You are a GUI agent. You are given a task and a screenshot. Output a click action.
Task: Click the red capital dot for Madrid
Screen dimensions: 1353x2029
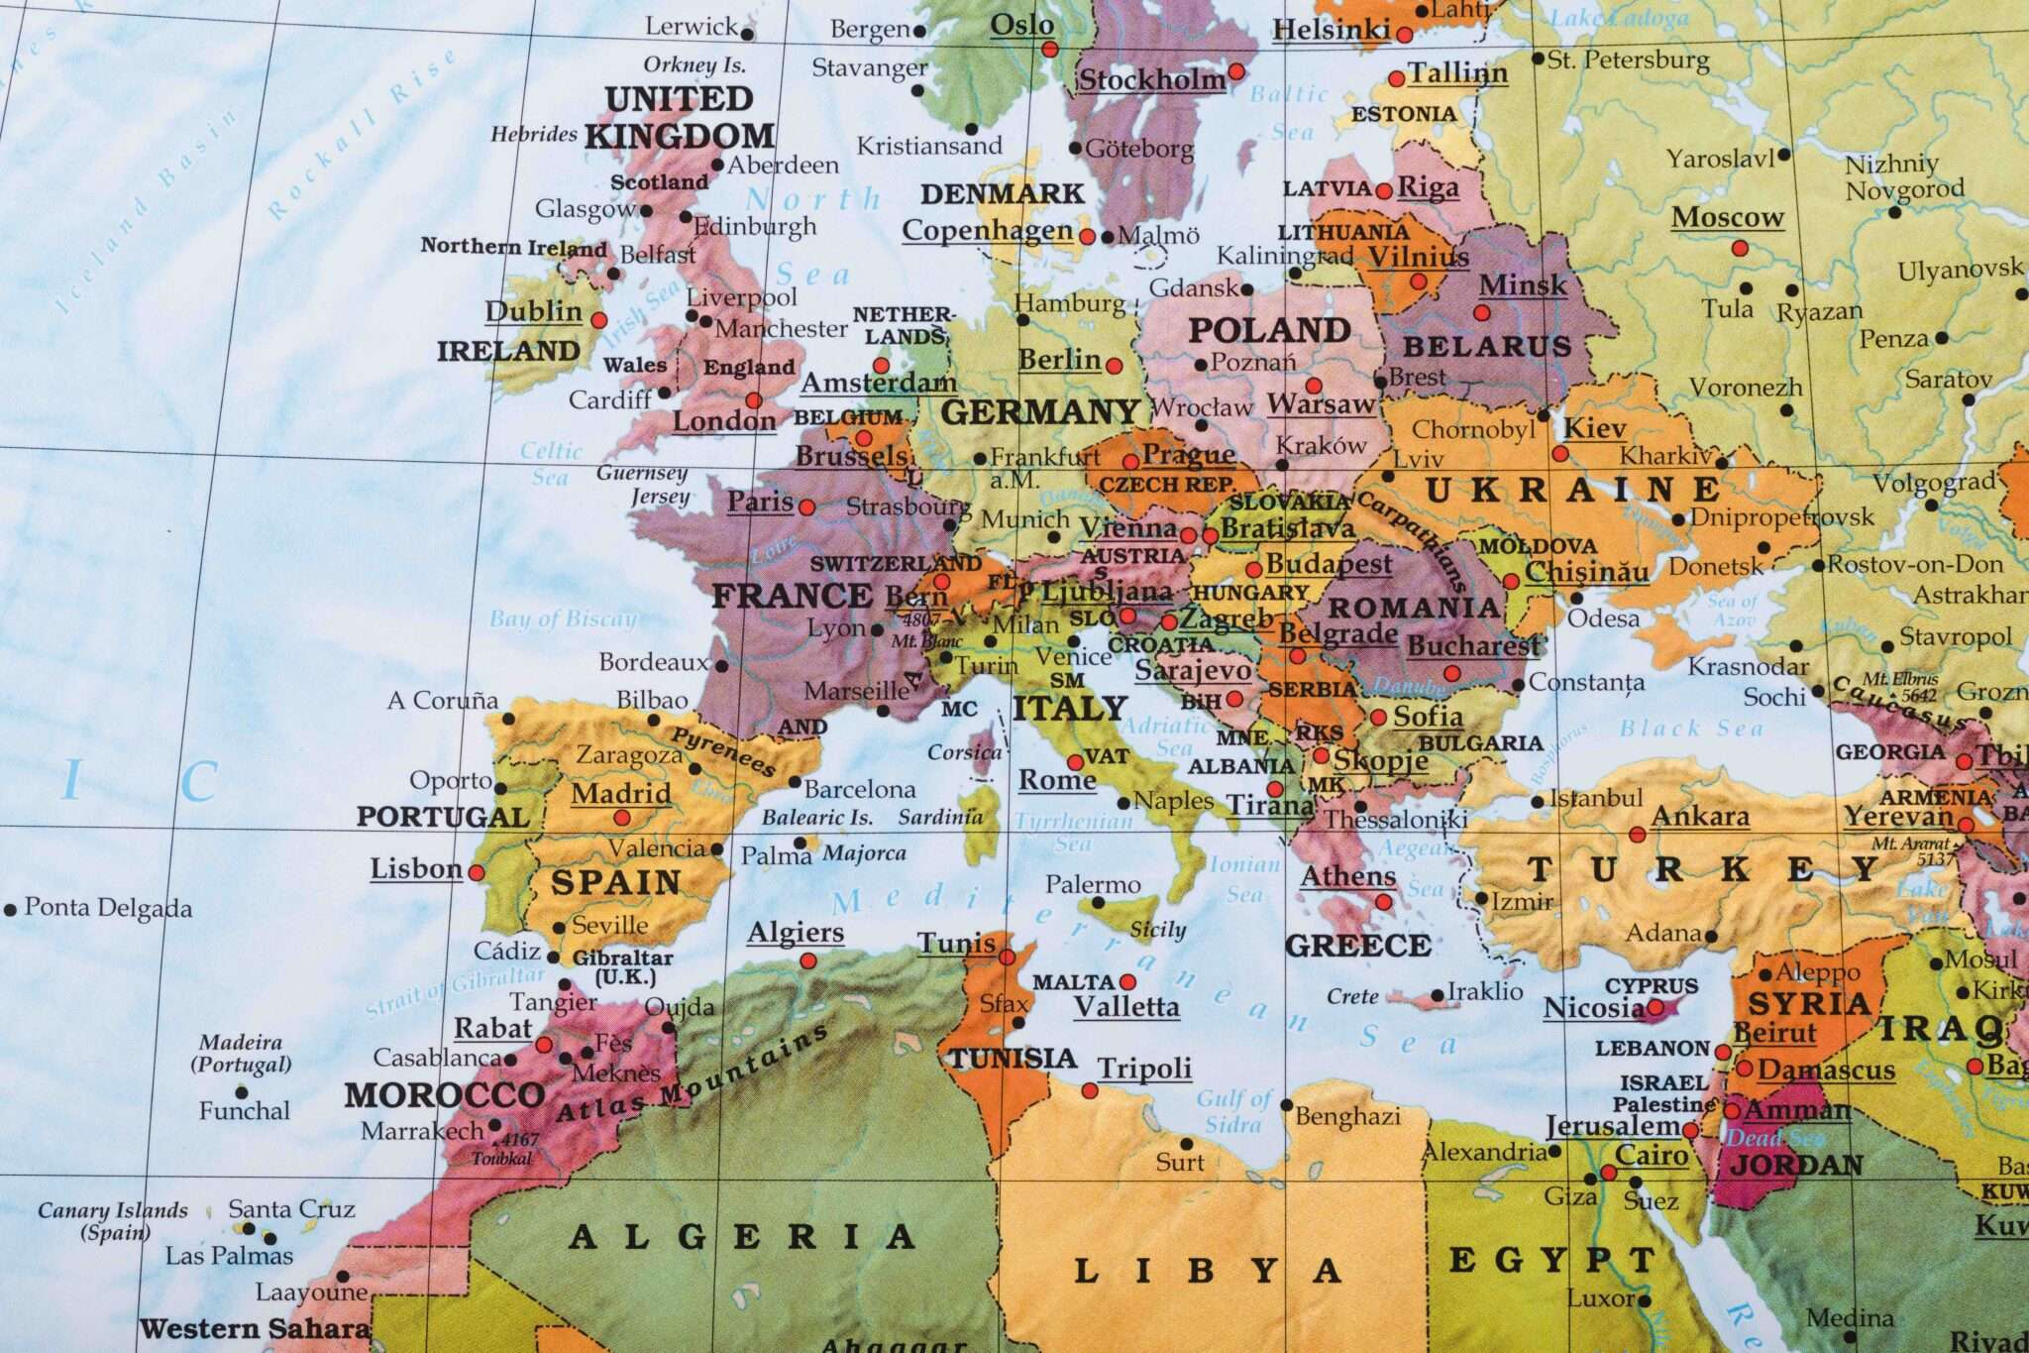622,818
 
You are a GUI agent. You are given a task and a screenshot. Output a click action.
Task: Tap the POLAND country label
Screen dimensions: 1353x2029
1269,330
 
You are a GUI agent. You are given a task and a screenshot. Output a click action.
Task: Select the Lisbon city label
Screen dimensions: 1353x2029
416,869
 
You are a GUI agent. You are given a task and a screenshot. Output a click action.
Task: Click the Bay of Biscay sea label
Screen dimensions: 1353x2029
562,620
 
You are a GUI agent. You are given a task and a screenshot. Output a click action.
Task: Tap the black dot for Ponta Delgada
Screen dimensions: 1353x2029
11,908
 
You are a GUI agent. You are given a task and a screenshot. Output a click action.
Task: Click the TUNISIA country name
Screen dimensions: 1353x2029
1013,1059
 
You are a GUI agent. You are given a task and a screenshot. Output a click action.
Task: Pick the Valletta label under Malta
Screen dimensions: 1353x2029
1126,1007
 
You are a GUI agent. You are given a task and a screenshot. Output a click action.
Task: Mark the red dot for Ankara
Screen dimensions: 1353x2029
1637,835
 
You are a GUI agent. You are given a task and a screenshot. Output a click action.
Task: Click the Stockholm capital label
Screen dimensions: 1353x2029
1151,79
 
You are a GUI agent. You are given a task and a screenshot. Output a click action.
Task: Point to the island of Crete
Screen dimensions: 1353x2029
1407,999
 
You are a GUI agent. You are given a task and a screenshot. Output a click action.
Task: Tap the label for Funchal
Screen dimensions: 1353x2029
244,1110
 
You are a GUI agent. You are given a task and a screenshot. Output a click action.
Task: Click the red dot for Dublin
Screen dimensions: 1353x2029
598,320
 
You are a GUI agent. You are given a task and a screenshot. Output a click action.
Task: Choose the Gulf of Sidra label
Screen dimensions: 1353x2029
1232,1111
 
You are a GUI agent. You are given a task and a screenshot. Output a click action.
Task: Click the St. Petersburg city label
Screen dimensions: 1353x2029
1628,60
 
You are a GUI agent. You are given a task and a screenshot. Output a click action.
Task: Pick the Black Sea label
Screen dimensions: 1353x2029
1691,729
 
